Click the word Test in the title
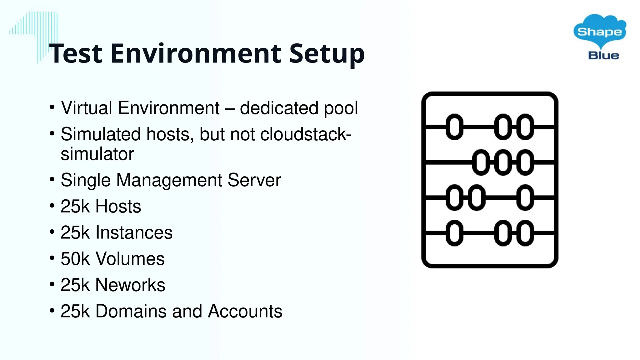[x=76, y=53]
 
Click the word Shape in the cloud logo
[x=599, y=32]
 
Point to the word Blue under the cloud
[x=603, y=56]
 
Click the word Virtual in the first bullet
[x=87, y=108]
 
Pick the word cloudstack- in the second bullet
[x=306, y=134]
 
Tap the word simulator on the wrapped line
[x=97, y=154]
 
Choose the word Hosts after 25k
[x=118, y=206]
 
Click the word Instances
[x=134, y=232]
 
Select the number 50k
[x=75, y=259]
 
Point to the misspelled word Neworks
[x=130, y=285]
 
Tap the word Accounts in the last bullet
[x=245, y=311]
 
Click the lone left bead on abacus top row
[x=454, y=127]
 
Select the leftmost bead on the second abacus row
[x=481, y=162]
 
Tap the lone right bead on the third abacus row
[x=525, y=197]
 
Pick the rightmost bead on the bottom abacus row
[x=525, y=233]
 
